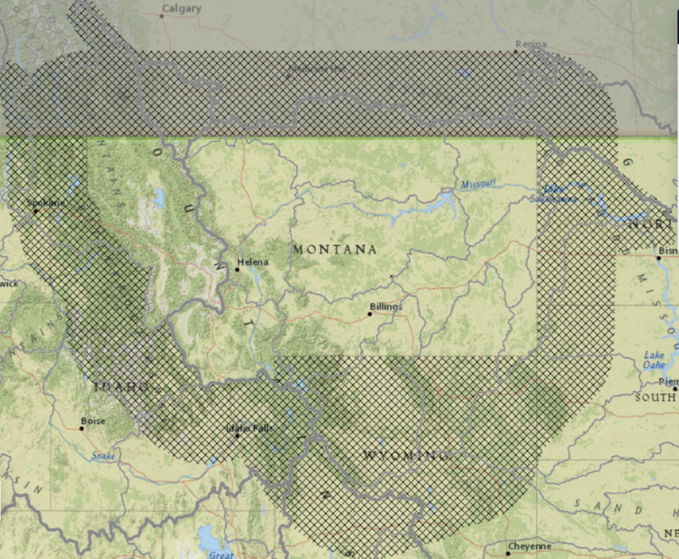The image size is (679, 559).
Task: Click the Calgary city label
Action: (x=181, y=8)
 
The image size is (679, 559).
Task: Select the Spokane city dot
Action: (x=35, y=211)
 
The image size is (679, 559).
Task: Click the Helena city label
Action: (x=253, y=262)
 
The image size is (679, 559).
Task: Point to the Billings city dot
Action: (x=370, y=314)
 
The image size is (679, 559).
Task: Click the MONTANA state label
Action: (x=334, y=249)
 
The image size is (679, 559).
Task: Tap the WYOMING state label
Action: (x=405, y=456)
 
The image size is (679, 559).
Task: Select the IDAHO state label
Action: (x=121, y=387)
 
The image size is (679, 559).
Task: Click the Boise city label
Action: (x=93, y=421)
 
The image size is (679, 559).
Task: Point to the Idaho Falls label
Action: (x=249, y=429)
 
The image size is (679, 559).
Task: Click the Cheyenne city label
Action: (x=530, y=546)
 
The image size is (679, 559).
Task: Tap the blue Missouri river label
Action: (x=479, y=184)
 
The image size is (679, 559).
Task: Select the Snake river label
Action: (x=103, y=456)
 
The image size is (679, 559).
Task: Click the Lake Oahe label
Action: (x=654, y=359)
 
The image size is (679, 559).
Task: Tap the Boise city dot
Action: (x=82, y=429)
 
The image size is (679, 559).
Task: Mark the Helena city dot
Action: (x=238, y=269)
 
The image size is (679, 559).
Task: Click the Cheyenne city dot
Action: (x=508, y=553)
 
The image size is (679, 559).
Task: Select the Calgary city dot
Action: (x=162, y=16)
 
